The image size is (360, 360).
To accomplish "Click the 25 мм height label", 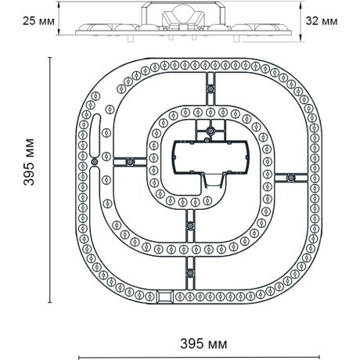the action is [x=38, y=21].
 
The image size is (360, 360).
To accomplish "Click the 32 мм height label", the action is [x=322, y=21].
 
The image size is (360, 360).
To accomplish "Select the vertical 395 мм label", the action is [x=29, y=162].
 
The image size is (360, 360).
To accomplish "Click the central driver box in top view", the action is [x=211, y=157].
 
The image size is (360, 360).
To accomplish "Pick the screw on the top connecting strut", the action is [x=211, y=88].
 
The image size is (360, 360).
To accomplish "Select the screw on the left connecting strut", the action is [x=130, y=162].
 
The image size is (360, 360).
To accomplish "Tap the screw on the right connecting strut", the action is [x=290, y=178].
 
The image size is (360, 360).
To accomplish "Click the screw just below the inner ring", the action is [x=191, y=225].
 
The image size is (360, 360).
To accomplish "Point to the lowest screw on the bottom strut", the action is [x=190, y=273].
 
